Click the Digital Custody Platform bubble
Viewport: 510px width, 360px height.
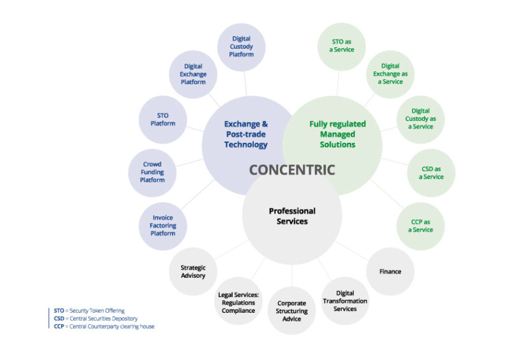tap(242, 47)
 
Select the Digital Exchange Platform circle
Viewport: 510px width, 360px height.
tap(193, 74)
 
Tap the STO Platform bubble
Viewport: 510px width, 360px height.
tap(163, 119)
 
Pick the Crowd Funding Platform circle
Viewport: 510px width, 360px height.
tap(152, 172)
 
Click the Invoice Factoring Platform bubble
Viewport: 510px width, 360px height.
tap(163, 226)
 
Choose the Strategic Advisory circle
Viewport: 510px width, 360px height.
tap(193, 271)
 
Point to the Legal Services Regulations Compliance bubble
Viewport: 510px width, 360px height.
tap(238, 302)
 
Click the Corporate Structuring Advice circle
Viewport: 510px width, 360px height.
tap(291, 310)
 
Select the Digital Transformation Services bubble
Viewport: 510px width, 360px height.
tap(345, 301)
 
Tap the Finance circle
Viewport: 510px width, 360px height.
tap(390, 271)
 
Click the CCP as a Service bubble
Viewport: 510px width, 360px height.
tap(421, 226)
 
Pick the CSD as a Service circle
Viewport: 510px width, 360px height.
tap(431, 172)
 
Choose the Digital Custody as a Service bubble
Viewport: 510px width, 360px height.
tap(421, 119)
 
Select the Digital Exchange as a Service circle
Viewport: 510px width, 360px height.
tap(390, 74)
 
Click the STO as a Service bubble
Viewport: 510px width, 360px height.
tap(342, 46)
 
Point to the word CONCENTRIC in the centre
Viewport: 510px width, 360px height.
tap(291, 170)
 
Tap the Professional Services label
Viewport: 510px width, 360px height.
tap(292, 216)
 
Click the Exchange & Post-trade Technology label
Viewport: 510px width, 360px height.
tap(246, 134)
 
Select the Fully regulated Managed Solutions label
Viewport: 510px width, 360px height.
tap(337, 134)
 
